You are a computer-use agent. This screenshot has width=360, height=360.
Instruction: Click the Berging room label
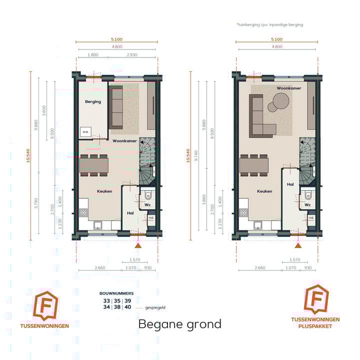tap(93, 101)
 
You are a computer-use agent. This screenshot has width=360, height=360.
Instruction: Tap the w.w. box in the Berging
tap(85, 132)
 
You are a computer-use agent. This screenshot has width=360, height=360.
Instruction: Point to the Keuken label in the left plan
tap(104, 191)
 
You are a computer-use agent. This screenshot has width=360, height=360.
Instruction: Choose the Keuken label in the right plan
tap(264, 191)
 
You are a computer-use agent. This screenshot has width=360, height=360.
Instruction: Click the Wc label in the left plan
tap(147, 204)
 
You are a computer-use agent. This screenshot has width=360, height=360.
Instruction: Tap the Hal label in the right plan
tap(290, 184)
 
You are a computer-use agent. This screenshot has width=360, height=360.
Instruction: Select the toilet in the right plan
tap(307, 194)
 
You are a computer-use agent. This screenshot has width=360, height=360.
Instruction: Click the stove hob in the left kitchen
tap(83, 212)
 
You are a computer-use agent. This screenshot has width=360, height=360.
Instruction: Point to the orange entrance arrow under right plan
tap(298, 245)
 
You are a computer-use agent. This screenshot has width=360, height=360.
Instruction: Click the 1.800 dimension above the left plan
tap(92, 53)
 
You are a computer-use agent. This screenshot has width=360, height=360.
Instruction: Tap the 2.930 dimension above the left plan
tap(132, 53)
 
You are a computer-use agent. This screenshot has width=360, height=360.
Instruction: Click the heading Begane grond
tap(179, 324)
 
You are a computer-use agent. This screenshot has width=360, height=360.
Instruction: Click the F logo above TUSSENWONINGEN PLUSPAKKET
tap(316, 300)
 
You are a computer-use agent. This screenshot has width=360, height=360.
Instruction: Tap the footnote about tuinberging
tap(269, 24)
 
